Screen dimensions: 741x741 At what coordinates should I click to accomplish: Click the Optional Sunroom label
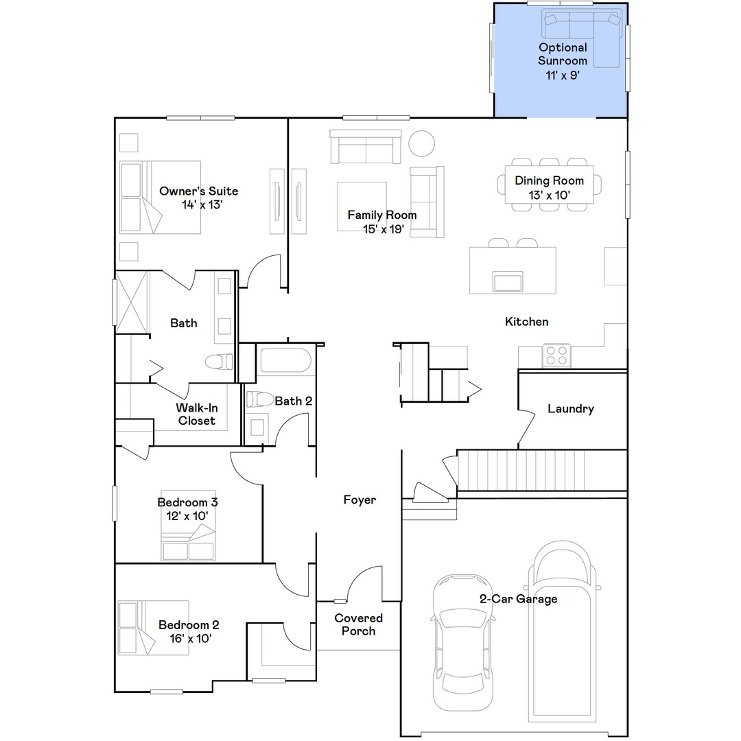(563, 61)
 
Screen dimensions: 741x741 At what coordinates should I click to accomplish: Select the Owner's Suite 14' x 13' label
(198, 198)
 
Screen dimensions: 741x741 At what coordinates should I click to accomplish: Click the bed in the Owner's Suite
(160, 198)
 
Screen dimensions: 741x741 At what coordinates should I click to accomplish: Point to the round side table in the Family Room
(421, 143)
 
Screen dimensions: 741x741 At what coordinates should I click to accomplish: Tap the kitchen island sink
(507, 281)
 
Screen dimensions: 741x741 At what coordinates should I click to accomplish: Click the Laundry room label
(571, 409)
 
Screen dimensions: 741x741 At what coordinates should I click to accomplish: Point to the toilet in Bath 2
(259, 399)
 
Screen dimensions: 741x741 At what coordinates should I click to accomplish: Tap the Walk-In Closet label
(197, 414)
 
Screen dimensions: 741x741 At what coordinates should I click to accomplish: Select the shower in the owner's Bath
(132, 302)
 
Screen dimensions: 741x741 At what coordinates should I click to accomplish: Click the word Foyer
(360, 500)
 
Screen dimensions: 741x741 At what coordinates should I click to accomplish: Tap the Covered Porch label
(358, 624)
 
